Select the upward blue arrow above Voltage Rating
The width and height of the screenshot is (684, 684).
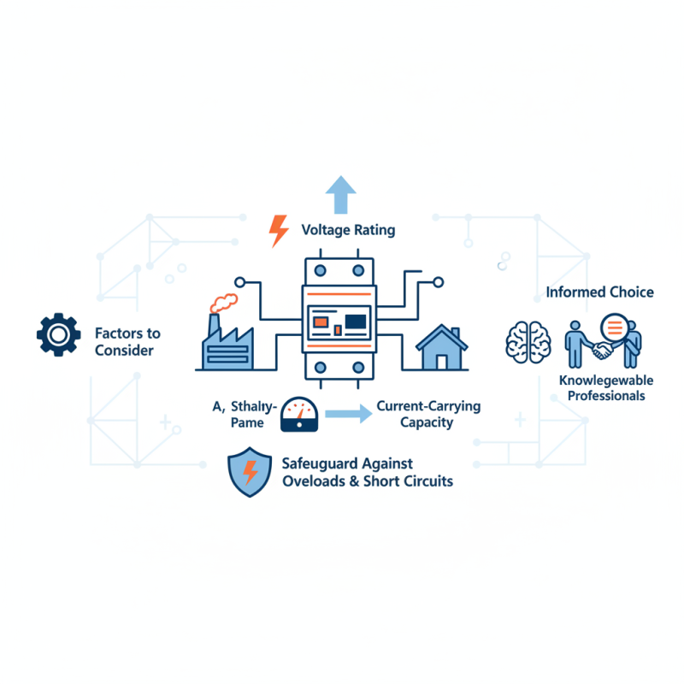tap(341, 194)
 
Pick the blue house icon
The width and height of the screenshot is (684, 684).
tap(441, 345)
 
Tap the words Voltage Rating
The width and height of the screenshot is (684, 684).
tap(349, 231)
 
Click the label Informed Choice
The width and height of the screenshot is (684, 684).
tap(600, 292)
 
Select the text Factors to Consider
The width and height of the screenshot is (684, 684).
tap(127, 341)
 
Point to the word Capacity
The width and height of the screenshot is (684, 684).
tap(425, 422)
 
